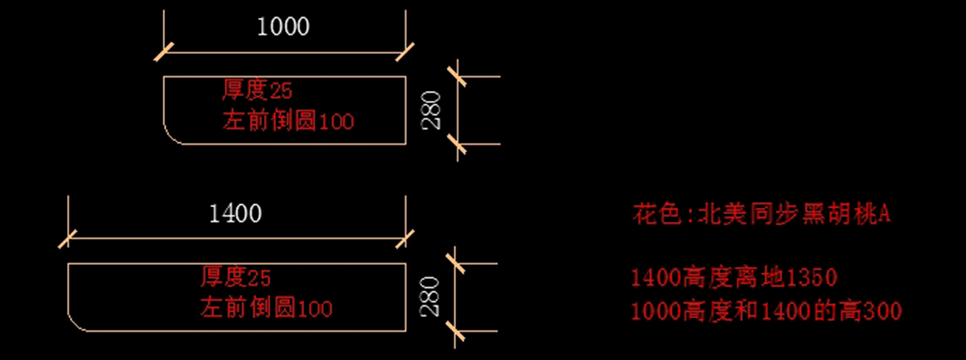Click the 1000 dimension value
click(x=283, y=27)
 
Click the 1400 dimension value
click(x=235, y=213)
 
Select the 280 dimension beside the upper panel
click(x=431, y=110)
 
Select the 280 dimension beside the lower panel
click(x=431, y=296)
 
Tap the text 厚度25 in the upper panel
click(x=251, y=90)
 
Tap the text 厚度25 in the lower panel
click(x=235, y=279)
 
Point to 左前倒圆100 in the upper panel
click(x=287, y=122)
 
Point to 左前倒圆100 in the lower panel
click(x=266, y=308)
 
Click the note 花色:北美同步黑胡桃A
click(x=761, y=215)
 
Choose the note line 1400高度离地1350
click(x=734, y=279)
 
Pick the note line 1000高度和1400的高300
click(x=766, y=310)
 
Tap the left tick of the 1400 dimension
click(x=68, y=238)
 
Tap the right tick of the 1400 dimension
click(x=406, y=238)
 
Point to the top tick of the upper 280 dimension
click(x=457, y=77)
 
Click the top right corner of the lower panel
click(x=406, y=263)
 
